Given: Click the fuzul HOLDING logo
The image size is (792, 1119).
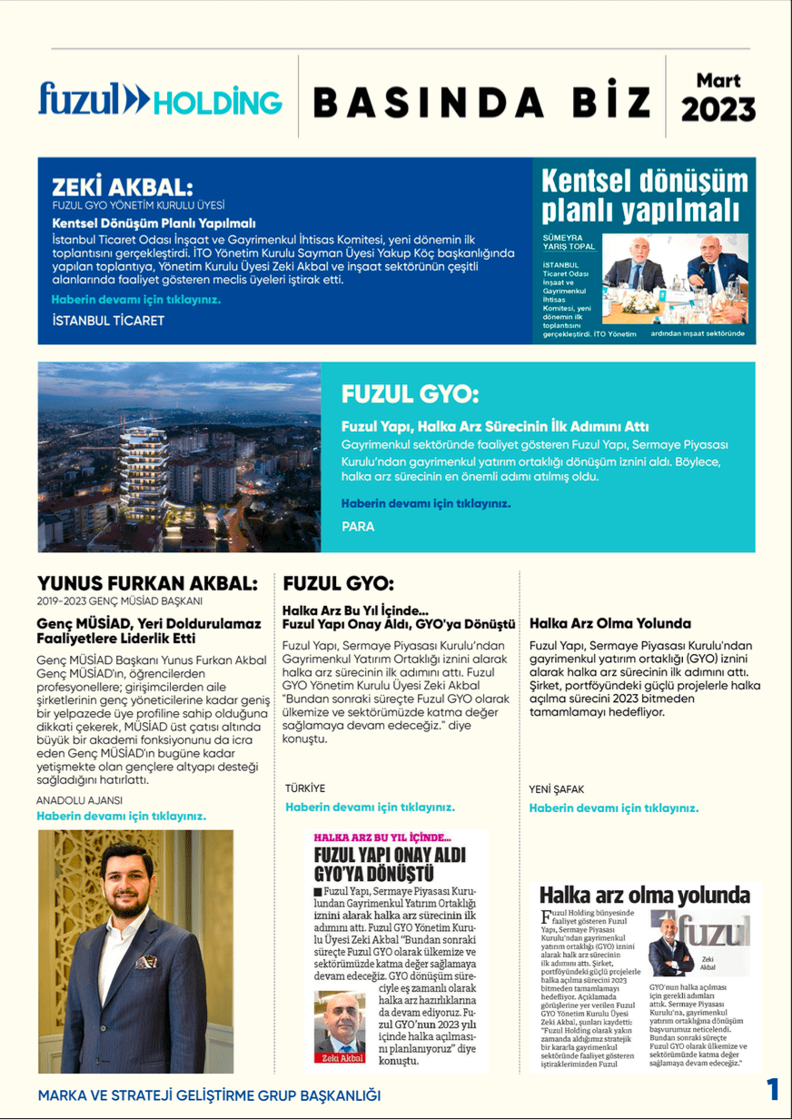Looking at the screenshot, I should tap(160, 99).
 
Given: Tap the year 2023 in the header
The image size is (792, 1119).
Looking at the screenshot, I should tap(718, 110).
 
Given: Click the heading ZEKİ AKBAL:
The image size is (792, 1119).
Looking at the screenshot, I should tap(123, 188).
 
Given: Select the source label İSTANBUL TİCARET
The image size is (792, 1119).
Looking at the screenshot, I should tap(108, 321).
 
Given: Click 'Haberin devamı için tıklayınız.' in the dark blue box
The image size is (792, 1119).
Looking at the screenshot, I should tap(135, 299).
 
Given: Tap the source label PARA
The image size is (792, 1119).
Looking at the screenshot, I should tap(358, 526).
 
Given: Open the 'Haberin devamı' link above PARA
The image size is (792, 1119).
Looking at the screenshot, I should tap(425, 502).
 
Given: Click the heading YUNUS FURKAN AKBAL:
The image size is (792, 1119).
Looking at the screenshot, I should tap(147, 582).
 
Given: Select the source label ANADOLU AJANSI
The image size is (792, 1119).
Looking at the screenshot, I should tap(79, 800).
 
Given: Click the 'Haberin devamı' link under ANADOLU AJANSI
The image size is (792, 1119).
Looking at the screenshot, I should tap(121, 816).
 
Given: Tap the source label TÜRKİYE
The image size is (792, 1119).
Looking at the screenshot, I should tap(304, 788).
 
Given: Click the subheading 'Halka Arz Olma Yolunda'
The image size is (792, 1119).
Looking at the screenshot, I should tap(609, 624).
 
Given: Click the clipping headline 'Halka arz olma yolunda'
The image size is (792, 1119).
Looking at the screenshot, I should tap(644, 894).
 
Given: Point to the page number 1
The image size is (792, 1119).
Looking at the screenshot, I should tap(773, 1090).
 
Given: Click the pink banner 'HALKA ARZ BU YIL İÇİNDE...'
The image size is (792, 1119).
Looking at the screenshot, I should tap(381, 837).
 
